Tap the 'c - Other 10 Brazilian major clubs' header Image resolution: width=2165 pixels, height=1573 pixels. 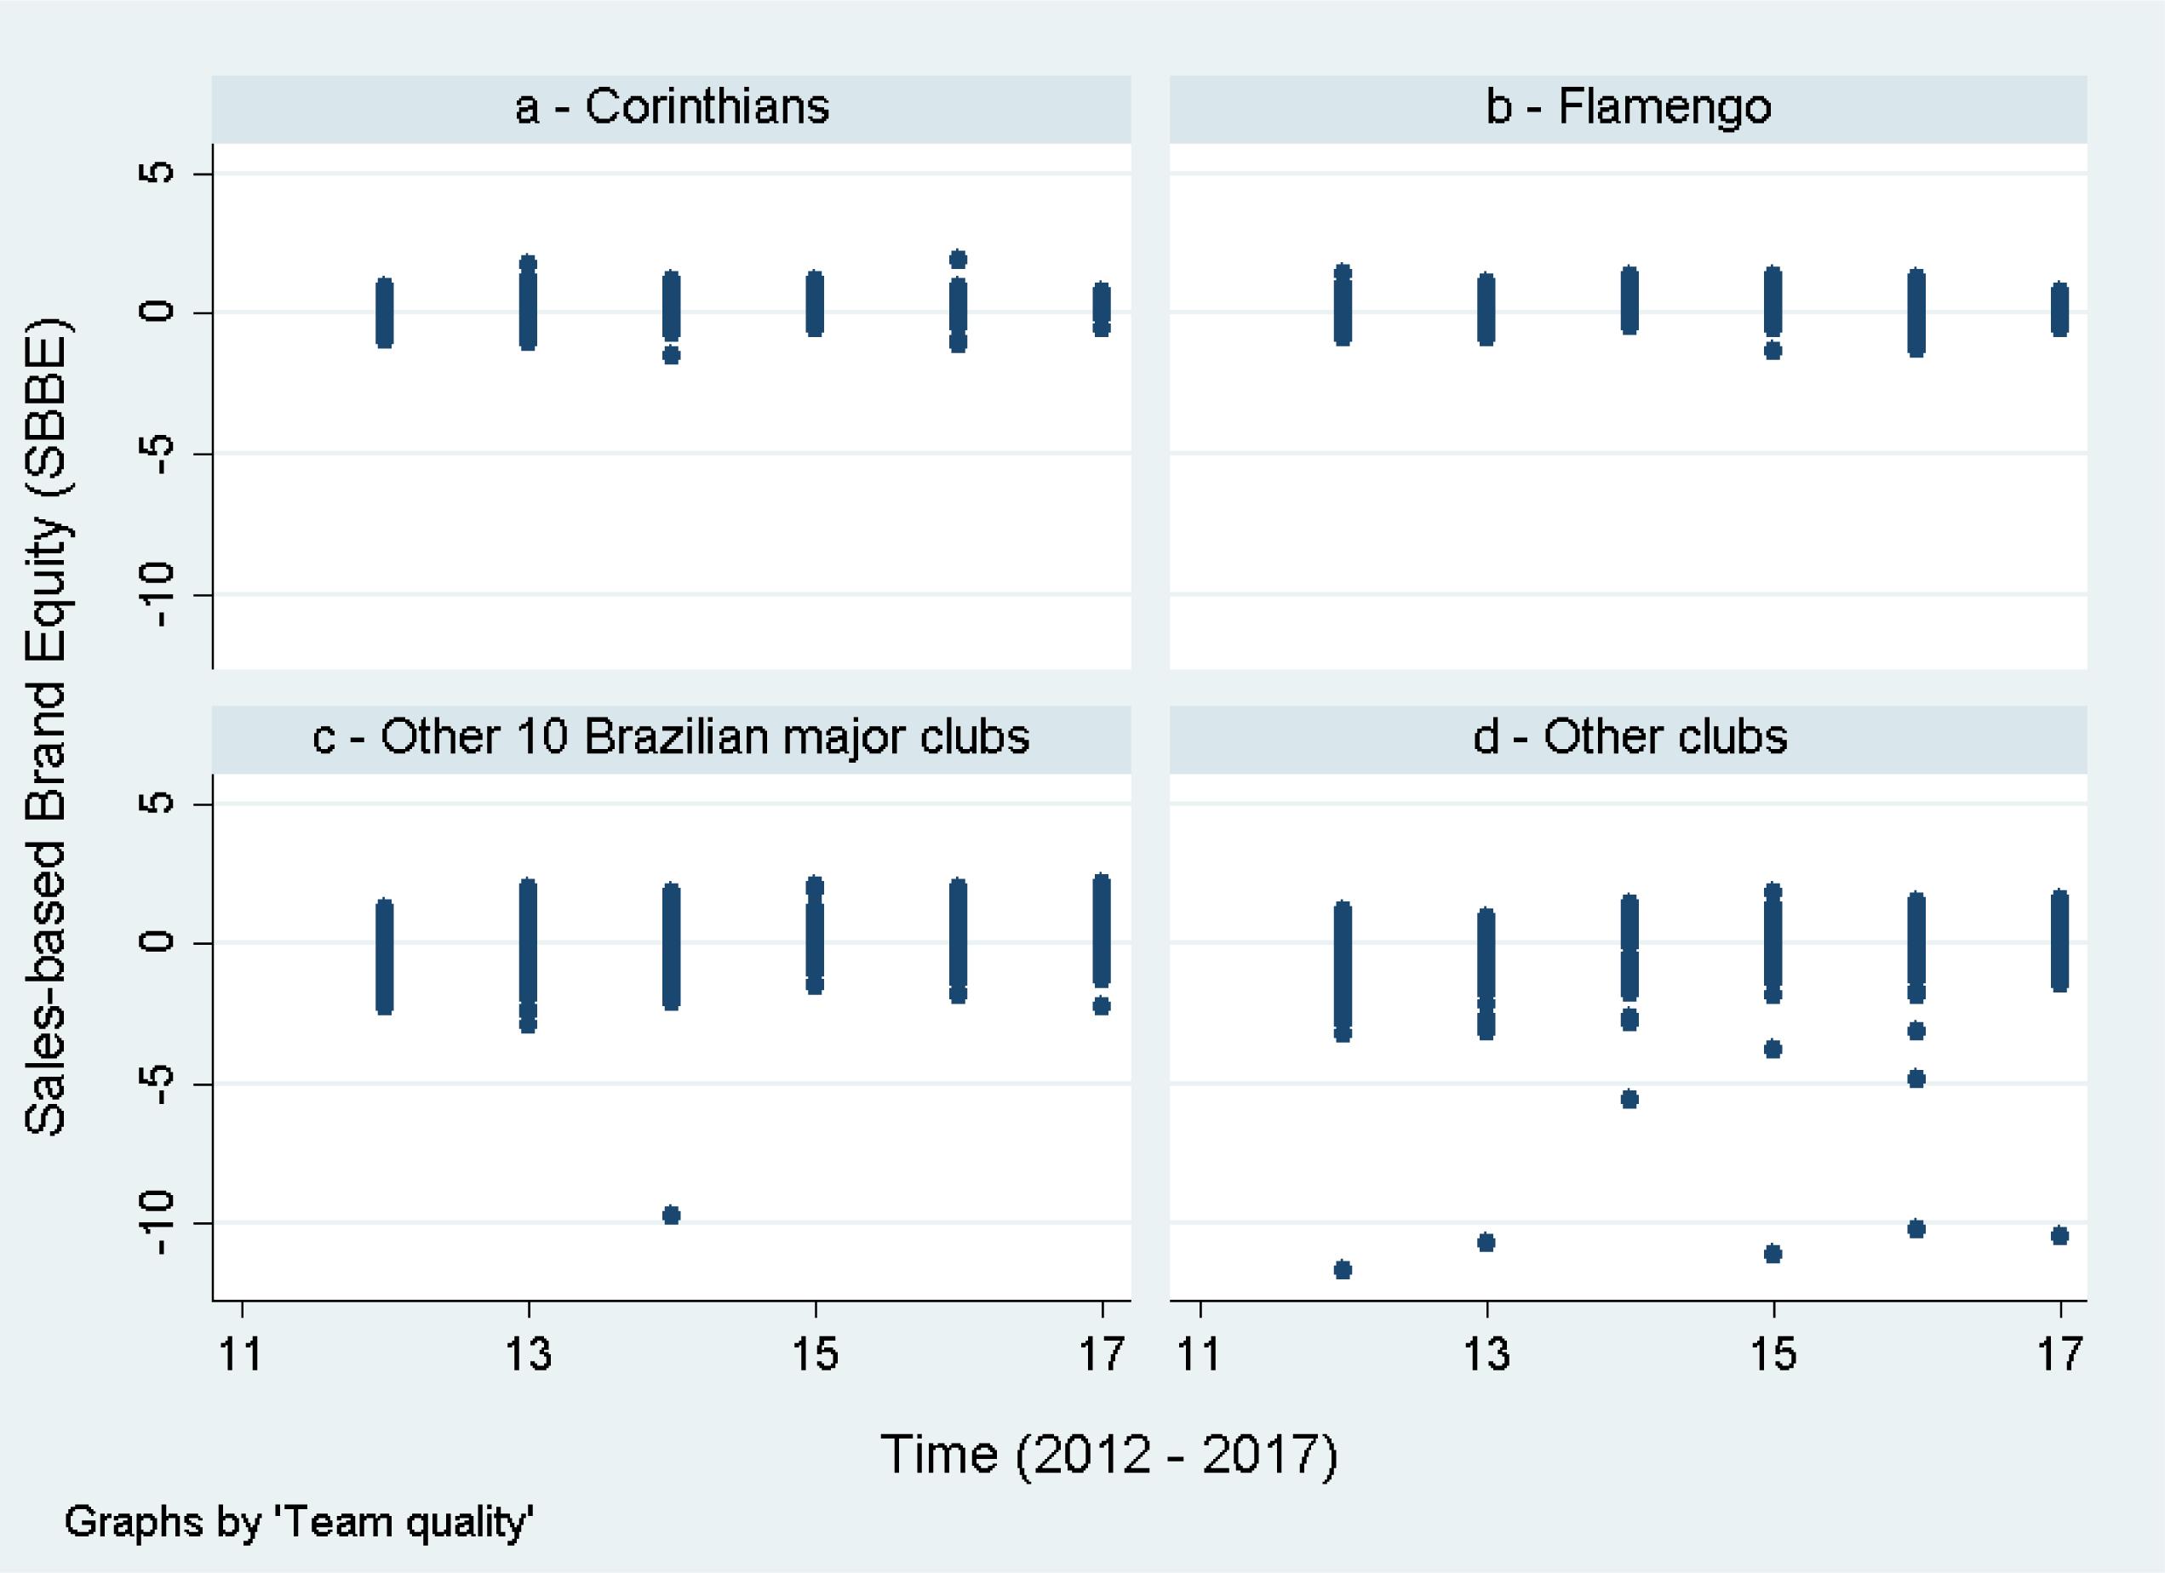tap(671, 737)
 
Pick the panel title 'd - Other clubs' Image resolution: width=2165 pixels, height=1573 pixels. tap(1629, 737)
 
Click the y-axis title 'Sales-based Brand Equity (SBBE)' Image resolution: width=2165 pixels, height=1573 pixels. tap(46, 725)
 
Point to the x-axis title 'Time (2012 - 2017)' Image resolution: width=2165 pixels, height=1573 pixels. tap(1108, 1454)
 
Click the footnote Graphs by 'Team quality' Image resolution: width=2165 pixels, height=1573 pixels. tap(298, 1521)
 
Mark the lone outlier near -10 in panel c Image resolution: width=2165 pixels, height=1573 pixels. tap(671, 1215)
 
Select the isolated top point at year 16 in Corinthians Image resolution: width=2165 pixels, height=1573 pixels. tap(959, 259)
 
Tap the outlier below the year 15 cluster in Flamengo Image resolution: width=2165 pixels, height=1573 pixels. tap(1773, 351)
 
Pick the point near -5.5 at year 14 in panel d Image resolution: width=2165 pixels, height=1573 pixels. tap(1629, 1099)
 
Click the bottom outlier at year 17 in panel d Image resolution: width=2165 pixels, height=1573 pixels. tap(2060, 1236)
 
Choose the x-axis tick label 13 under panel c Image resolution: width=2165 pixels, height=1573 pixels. tap(528, 1353)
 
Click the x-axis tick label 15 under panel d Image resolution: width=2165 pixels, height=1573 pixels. tap(1773, 1353)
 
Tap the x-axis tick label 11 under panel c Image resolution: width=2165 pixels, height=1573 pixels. tap(241, 1353)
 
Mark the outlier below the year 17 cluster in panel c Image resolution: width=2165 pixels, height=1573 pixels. tap(1101, 1005)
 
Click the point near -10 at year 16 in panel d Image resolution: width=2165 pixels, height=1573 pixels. tap(1916, 1228)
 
